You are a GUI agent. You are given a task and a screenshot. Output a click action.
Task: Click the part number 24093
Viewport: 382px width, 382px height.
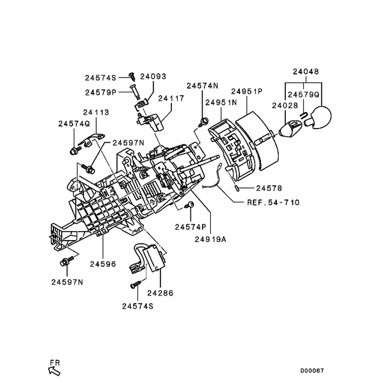point(153,76)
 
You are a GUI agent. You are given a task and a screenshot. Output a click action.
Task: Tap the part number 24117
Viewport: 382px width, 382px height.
point(171,99)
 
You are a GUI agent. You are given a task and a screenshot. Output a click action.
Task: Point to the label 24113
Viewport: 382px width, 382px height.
point(83,112)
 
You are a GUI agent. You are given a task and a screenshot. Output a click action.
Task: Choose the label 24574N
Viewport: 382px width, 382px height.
point(202,85)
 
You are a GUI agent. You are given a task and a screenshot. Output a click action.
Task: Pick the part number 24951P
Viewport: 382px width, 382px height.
point(247,92)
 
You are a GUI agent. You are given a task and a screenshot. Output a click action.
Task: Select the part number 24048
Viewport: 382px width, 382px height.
point(306,72)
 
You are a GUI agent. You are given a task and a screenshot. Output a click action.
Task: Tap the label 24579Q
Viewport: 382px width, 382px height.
point(306,94)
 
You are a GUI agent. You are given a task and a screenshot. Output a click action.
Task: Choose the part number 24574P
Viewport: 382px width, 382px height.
point(191,226)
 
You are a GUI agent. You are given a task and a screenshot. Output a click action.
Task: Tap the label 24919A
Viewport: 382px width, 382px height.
point(211,240)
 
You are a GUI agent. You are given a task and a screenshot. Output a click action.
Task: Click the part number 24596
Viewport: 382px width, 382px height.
point(103,263)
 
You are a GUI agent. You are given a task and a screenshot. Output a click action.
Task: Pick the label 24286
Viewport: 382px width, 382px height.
point(160,294)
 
